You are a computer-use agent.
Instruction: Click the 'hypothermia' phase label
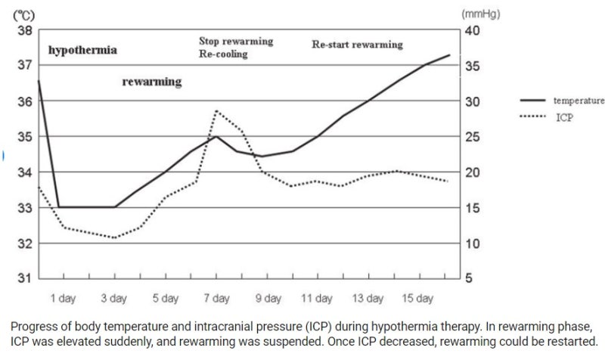tap(82, 51)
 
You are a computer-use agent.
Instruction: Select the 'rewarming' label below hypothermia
tap(151, 82)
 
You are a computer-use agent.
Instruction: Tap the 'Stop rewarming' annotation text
tap(235, 41)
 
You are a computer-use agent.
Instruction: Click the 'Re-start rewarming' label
tap(357, 45)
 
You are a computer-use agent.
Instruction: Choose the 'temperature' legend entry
tap(579, 101)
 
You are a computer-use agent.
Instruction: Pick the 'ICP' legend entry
tap(564, 117)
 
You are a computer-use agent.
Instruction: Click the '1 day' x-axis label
tap(63, 299)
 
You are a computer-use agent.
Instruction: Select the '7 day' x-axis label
tap(216, 299)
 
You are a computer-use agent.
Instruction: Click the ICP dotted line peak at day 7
tap(216, 111)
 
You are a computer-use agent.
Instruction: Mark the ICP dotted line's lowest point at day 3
tap(115, 238)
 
